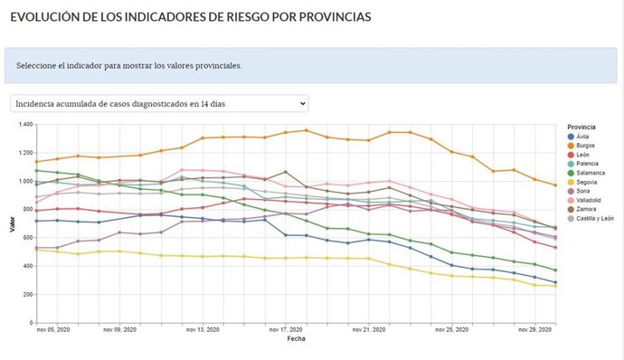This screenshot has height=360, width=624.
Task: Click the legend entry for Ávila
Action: click(x=582, y=137)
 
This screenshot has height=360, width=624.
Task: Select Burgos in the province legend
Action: click(x=585, y=147)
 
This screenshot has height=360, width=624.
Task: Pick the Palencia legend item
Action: click(x=587, y=167)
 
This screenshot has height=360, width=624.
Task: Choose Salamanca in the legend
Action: click(x=590, y=178)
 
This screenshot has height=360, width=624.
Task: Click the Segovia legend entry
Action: click(x=587, y=188)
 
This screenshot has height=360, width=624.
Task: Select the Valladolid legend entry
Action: click(x=589, y=208)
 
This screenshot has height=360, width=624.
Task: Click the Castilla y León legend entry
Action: click(x=594, y=229)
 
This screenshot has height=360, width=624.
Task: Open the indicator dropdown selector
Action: click(x=159, y=103)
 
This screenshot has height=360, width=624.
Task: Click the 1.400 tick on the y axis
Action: click(x=23, y=124)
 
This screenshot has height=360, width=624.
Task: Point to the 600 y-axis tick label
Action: click(x=25, y=238)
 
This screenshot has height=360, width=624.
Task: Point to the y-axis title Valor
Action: click(x=12, y=223)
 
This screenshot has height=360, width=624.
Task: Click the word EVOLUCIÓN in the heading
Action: click(x=46, y=17)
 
